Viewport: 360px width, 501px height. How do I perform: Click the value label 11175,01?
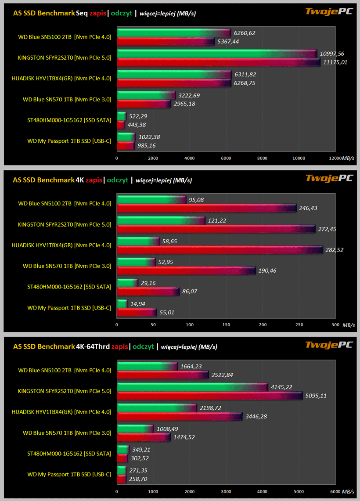point(335,62)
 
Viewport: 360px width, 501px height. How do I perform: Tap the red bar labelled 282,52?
point(220,250)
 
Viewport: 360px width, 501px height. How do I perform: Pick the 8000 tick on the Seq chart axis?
point(263,158)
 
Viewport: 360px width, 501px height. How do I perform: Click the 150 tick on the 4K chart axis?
point(226,324)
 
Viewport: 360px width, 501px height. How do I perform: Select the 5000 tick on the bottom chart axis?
point(299,491)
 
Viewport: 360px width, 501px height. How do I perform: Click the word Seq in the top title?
point(82,13)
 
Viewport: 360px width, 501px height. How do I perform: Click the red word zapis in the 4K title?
point(94,180)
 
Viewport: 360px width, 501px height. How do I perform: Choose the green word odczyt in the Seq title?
point(122,13)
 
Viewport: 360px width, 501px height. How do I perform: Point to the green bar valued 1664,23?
point(148,366)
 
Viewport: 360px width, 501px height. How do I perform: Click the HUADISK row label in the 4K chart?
point(61,245)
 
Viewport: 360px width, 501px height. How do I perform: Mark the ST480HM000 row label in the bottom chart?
point(69,454)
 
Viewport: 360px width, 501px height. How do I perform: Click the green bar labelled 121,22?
point(161,220)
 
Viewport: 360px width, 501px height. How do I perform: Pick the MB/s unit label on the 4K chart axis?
point(349,324)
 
